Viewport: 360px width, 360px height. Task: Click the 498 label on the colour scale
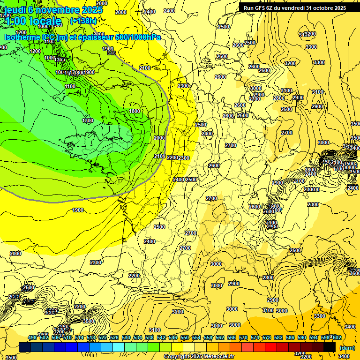[x=32, y=337]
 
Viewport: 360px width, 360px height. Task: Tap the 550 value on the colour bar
[x=185, y=337]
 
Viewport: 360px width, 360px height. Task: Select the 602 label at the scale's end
[x=337, y=337]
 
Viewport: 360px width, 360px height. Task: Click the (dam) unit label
[x=347, y=347]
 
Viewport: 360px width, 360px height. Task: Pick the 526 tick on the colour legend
[x=114, y=337]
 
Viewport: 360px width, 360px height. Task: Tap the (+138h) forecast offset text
[x=83, y=21]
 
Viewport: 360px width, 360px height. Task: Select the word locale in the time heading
[x=45, y=21]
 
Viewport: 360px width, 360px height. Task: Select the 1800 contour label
[x=135, y=111]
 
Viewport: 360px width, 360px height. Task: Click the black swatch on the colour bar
[x=330, y=347]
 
